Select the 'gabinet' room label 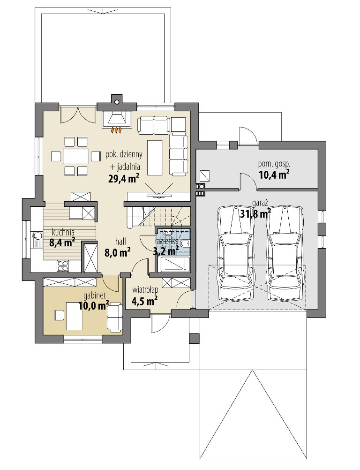pos(94,296)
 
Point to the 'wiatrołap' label pos(145,290)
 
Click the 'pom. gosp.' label pos(274,164)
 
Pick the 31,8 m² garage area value pos(255,213)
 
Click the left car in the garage pos(236,252)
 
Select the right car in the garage pos(285,252)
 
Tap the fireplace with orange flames pos(117,121)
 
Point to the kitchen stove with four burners pos(63,265)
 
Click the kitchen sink pos(37,240)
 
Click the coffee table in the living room pos(155,158)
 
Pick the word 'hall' pos(120,241)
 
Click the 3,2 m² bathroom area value pos(165,250)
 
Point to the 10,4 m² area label pos(274,174)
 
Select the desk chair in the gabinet pos(59,315)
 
